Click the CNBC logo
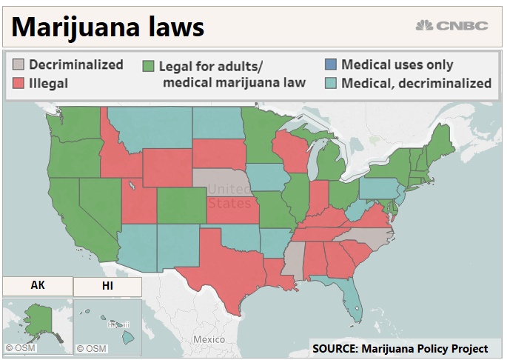pyautogui.click(x=452, y=25)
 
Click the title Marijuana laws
pyautogui.click(x=108, y=27)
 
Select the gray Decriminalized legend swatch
pyautogui.click(x=19, y=65)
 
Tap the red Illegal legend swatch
pyautogui.click(x=19, y=82)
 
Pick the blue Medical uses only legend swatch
pyautogui.click(x=331, y=65)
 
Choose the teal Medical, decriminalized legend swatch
pyautogui.click(x=331, y=83)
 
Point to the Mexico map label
pyautogui.click(x=209, y=339)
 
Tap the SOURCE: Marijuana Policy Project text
pyautogui.click(x=400, y=348)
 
